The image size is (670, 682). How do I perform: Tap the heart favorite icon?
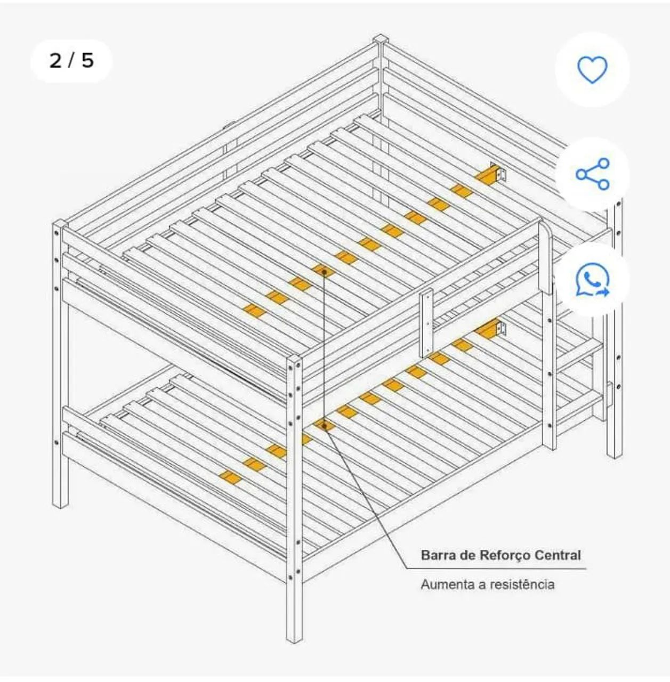[593, 69]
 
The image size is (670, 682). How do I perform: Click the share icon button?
[593, 174]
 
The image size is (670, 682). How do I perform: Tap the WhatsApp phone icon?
[593, 280]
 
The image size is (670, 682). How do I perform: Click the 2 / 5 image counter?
[71, 61]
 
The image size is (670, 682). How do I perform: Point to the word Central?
[558, 555]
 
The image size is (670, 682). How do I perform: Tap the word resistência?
[522, 584]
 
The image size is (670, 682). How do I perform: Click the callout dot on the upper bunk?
[324, 271]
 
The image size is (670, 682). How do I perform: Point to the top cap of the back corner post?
[380, 38]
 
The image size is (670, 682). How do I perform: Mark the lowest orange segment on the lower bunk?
[230, 477]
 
